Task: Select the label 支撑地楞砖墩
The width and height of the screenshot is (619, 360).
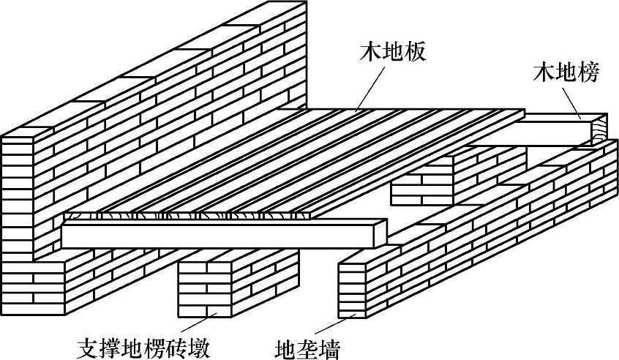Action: click(x=147, y=343)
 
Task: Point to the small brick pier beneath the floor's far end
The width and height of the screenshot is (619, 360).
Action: click(x=421, y=187)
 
